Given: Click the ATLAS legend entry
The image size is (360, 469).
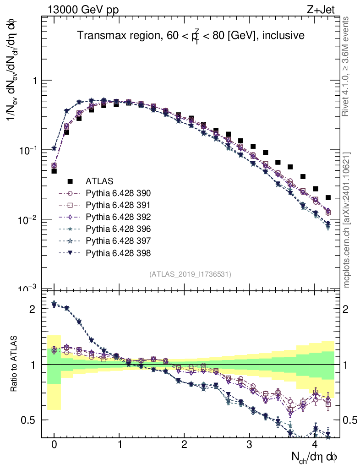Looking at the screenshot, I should pyautogui.click(x=99, y=181).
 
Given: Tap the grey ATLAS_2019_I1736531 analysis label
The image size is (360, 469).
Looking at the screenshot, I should pyautogui.click(x=190, y=274).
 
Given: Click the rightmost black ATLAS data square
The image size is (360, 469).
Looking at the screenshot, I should pyautogui.click(x=327, y=198).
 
